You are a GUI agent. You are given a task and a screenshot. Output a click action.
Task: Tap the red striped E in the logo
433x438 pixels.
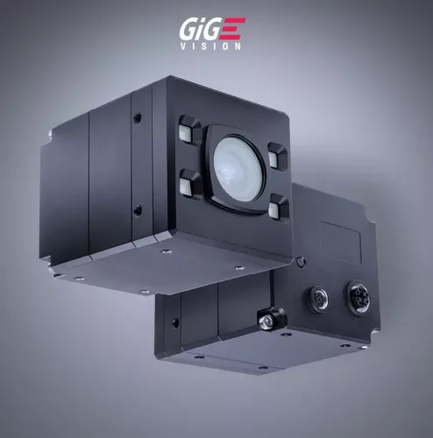point(234,30)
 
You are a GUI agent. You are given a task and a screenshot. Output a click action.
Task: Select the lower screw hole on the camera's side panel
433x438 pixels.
point(136,209)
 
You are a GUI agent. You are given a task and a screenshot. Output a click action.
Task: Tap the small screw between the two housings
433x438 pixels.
point(301,260)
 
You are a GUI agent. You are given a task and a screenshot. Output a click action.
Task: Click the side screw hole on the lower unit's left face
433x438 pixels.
point(174,322)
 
